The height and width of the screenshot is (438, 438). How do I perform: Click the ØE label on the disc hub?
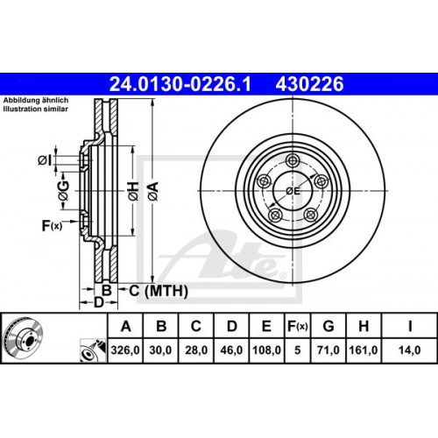coord(293,190)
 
